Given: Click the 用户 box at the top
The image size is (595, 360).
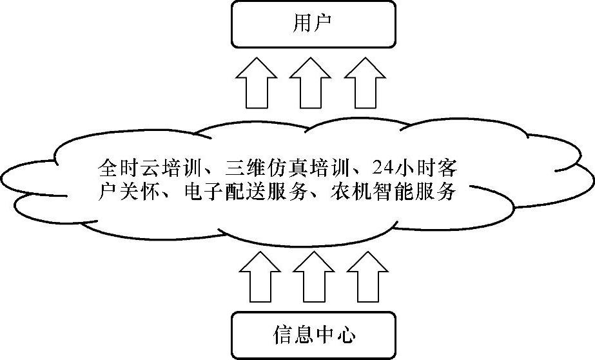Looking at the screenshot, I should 313,24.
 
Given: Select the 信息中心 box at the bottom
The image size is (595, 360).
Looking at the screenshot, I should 313,335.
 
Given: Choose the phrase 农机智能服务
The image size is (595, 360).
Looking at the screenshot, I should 384,192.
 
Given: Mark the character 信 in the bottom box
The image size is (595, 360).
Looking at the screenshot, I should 282,335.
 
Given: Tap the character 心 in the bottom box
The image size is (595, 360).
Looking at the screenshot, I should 345,335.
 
